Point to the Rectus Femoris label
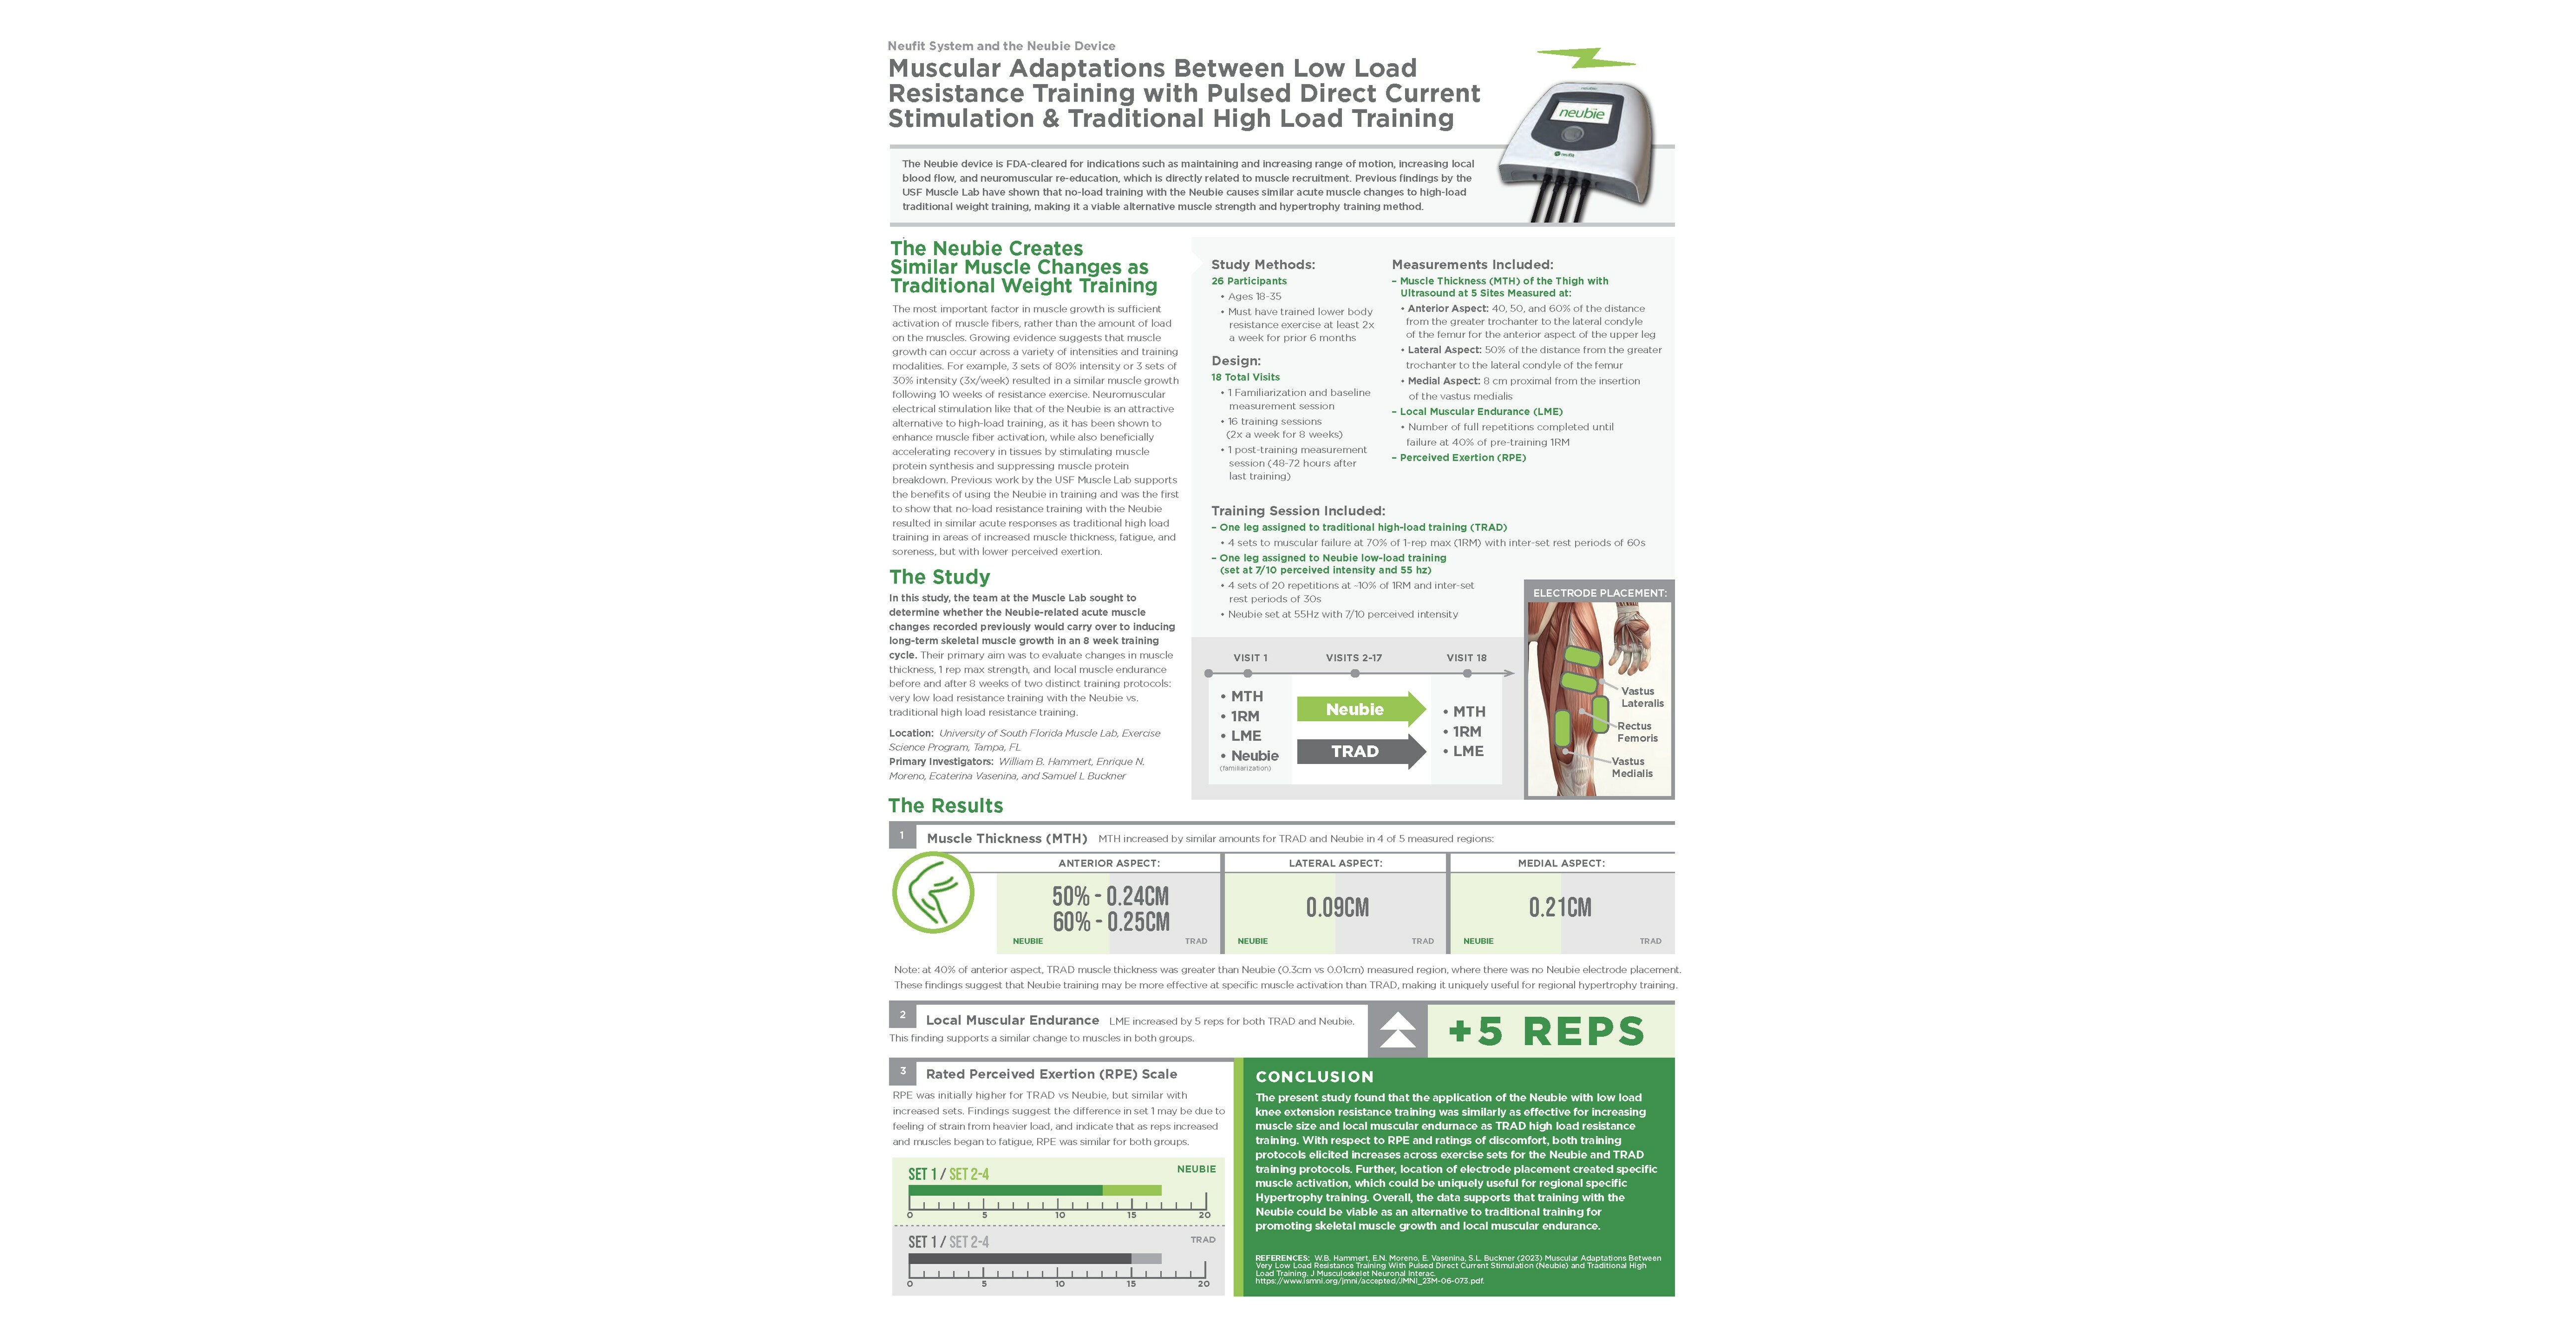coord(1636,732)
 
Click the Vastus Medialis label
coord(1631,767)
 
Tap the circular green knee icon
coord(933,892)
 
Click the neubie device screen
coord(1581,114)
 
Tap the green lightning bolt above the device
coord(1586,58)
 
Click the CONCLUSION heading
coord(1314,1076)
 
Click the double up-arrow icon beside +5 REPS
coord(1398,1031)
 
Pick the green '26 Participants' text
coord(1248,281)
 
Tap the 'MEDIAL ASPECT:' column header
coord(1560,863)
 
